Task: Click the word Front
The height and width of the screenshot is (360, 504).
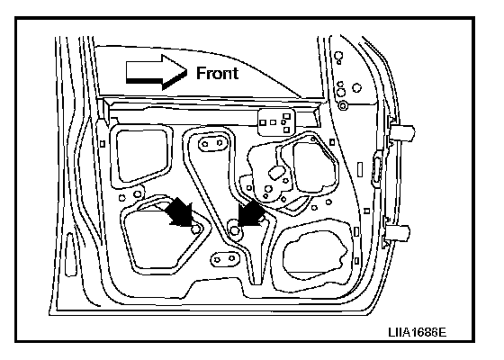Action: click(x=217, y=73)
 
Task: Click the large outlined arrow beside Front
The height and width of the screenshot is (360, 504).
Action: click(x=157, y=72)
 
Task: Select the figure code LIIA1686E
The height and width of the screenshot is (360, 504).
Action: click(x=418, y=332)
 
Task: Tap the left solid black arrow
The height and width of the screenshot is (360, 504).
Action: click(x=181, y=212)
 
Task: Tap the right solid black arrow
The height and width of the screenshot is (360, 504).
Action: click(x=251, y=212)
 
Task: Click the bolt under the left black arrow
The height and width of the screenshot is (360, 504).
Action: click(x=195, y=229)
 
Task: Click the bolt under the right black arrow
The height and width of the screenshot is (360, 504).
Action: click(x=235, y=230)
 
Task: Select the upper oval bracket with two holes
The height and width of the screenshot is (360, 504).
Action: click(x=212, y=143)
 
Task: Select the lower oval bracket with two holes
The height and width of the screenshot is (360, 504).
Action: click(x=225, y=259)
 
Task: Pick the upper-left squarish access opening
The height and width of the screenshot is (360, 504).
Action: click(x=141, y=157)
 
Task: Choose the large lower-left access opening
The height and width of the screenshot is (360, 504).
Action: click(x=162, y=238)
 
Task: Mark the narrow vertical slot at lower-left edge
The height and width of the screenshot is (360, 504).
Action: click(x=71, y=255)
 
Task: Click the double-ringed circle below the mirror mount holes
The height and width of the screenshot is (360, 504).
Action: click(x=343, y=105)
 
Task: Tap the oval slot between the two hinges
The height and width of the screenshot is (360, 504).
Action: click(x=376, y=170)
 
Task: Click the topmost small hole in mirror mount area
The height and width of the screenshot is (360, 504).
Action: click(x=337, y=56)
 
